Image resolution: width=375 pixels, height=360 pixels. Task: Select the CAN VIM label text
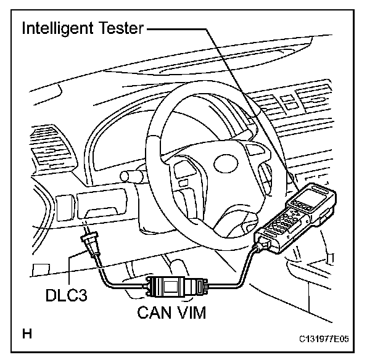coord(171,312)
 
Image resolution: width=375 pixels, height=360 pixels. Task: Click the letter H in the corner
coord(27,335)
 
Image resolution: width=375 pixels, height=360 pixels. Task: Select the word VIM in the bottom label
coord(192,312)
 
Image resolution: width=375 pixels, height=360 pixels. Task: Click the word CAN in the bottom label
coord(154,312)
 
